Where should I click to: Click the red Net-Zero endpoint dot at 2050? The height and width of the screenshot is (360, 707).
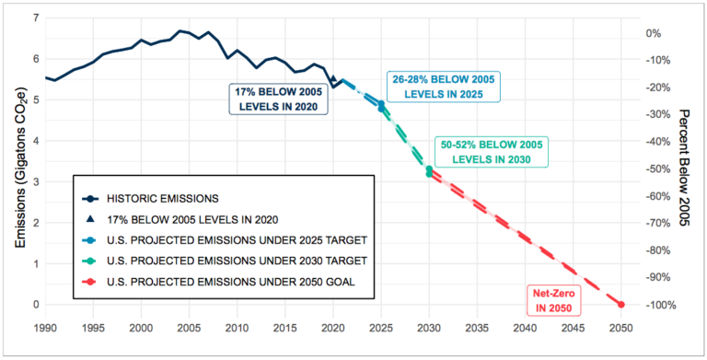[x=620, y=305]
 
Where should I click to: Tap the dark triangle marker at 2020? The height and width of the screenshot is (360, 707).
[x=333, y=78]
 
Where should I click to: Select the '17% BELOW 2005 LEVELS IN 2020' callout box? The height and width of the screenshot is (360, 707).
[x=278, y=99]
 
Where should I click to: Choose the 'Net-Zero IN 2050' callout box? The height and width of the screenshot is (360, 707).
[x=554, y=301]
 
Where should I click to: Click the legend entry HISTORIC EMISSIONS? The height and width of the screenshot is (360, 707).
[x=151, y=198]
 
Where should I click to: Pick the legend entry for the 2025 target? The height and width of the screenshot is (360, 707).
[x=225, y=240]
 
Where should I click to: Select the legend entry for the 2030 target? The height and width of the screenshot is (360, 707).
[x=225, y=261]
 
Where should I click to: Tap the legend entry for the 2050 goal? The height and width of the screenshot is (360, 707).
[x=219, y=282]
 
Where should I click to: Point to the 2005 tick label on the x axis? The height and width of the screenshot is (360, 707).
[x=189, y=326]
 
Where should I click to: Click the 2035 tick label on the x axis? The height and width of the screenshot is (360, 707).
[x=477, y=326]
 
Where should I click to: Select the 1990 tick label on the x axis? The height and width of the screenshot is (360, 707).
[x=45, y=326]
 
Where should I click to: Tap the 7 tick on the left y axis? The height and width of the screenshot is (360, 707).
[x=37, y=18]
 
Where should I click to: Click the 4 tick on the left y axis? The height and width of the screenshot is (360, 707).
[x=37, y=141]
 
